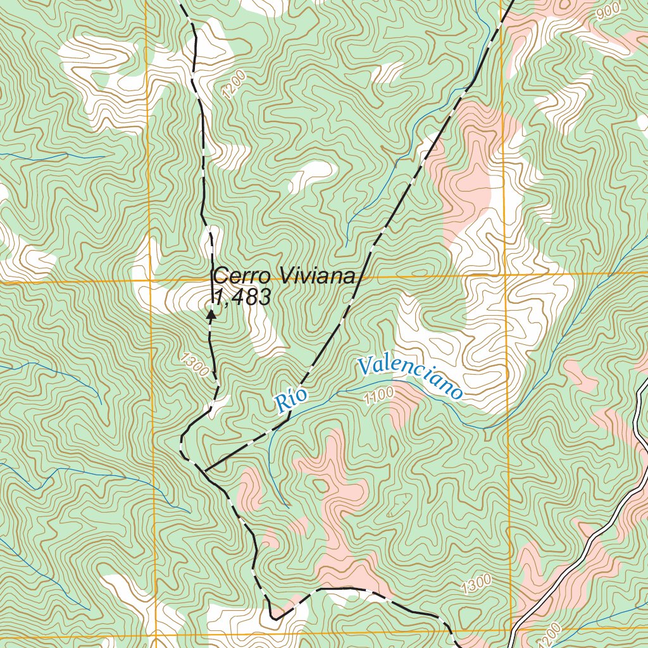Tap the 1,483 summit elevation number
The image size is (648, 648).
[x=243, y=297]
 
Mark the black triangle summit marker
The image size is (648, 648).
[x=211, y=312]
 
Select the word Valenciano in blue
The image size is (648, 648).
[x=409, y=378]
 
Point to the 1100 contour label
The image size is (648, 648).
[x=379, y=396]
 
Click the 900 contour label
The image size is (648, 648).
[x=607, y=11]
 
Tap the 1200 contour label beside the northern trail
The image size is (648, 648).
[x=234, y=84]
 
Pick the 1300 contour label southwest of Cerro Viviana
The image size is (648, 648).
[x=194, y=365]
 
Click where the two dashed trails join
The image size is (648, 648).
[x=204, y=470]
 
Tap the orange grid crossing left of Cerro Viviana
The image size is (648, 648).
[x=151, y=280]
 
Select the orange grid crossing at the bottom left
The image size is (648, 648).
[x=156, y=636]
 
